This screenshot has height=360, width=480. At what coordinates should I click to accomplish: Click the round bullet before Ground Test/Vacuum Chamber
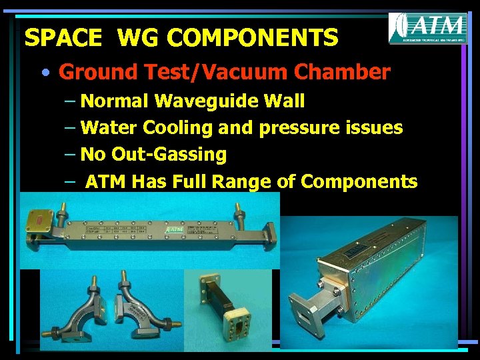[44, 71]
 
